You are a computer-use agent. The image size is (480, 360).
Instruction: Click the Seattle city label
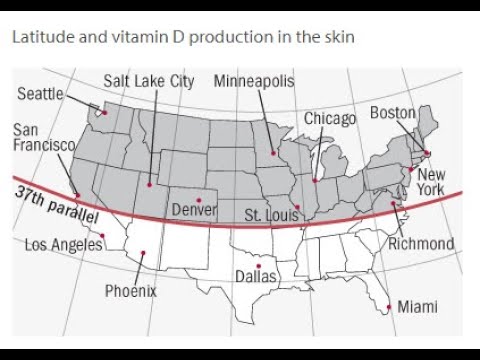coord(40,94)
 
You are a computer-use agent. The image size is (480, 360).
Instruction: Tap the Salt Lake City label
coord(149,81)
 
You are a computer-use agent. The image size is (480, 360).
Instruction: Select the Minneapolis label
coord(254,81)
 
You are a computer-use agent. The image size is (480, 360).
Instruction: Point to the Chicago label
coord(330,119)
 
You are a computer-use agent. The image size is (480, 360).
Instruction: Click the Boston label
coord(392,113)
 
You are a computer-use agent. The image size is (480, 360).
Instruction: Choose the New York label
coord(431,182)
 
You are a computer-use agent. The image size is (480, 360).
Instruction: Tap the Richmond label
coord(421,243)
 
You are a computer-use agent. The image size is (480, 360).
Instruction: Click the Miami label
coord(417,306)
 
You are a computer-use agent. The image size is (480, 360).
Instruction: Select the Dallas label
coord(256,276)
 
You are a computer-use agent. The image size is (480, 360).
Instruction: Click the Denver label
coord(194,210)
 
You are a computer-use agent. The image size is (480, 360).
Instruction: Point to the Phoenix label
coord(131,291)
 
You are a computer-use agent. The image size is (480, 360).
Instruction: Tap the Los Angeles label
coord(63,244)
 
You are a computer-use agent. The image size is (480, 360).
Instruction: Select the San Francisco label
coord(43,137)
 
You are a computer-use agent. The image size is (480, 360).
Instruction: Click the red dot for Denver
coord(198,198)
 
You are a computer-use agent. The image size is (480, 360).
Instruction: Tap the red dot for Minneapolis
coord(273,153)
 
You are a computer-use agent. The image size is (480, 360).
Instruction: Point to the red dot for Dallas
coord(258,265)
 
